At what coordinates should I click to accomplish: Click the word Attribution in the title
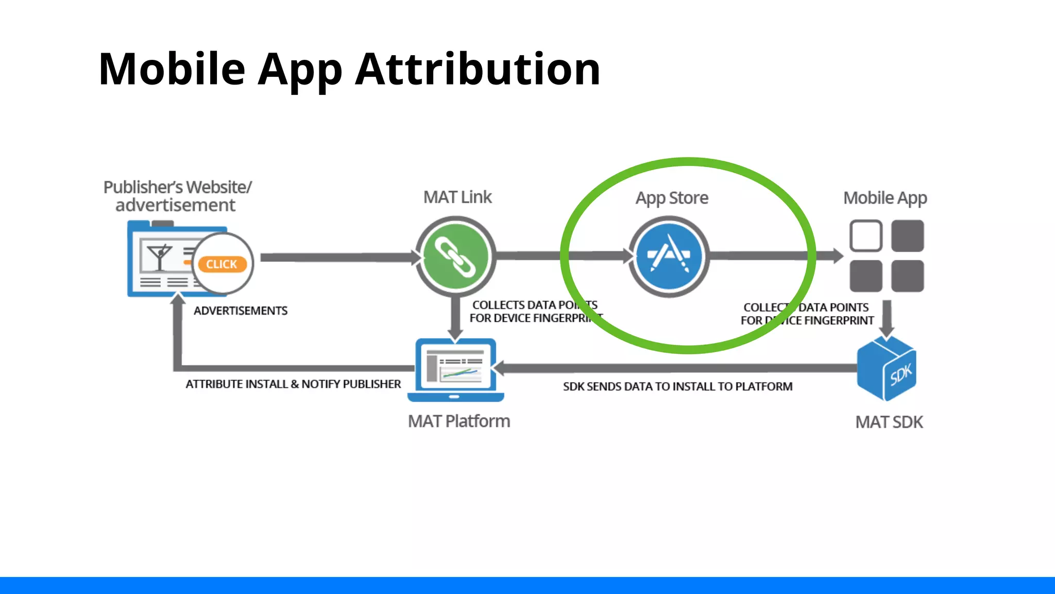pyautogui.click(x=478, y=69)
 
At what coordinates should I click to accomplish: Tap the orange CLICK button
pyautogui.click(x=222, y=264)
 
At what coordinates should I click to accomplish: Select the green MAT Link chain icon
pyautogui.click(x=455, y=256)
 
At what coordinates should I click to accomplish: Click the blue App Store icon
pyautogui.click(x=669, y=256)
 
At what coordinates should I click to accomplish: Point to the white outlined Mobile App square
pyautogui.click(x=865, y=236)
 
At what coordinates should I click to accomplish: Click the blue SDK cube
pyautogui.click(x=887, y=369)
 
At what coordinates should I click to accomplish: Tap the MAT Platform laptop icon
pyautogui.click(x=455, y=369)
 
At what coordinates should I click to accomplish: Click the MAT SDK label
pyautogui.click(x=889, y=422)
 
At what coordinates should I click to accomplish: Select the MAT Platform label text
pyautogui.click(x=458, y=421)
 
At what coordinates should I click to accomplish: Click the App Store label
pyautogui.click(x=672, y=198)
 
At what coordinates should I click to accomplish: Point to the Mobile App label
pyautogui.click(x=885, y=198)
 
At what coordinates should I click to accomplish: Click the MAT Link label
pyautogui.click(x=457, y=197)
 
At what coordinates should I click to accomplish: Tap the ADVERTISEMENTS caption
pyautogui.click(x=240, y=311)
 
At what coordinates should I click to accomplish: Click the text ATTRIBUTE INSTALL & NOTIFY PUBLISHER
pyautogui.click(x=293, y=384)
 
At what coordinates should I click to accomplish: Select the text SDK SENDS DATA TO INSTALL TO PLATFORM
pyautogui.click(x=677, y=387)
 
